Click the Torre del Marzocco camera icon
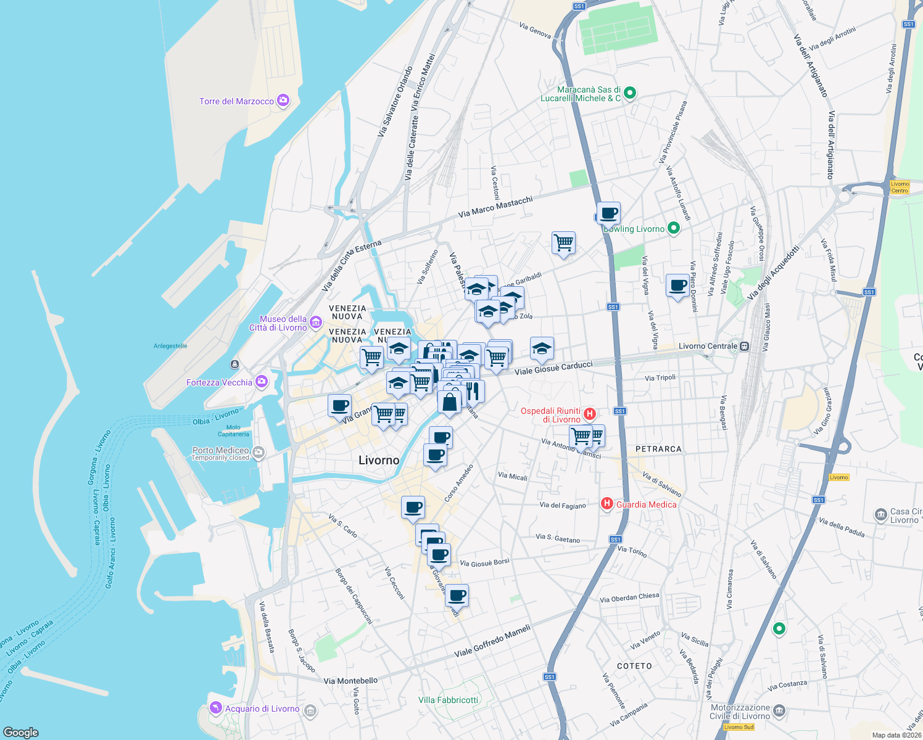pos(283,101)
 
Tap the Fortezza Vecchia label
pos(219,382)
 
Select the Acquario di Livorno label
pos(262,709)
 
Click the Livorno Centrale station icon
pos(745,346)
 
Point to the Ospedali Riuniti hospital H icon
pos(590,414)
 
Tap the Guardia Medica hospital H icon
pos(607,504)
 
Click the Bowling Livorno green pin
pos(674,228)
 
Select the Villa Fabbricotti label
pos(448,700)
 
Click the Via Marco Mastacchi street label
pos(495,207)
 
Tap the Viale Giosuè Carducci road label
pos(553,368)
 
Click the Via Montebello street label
pos(350,681)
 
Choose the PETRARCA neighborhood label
pos(658,449)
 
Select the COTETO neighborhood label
pos(634,666)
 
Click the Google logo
pos(21,732)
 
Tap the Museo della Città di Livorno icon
pos(316,322)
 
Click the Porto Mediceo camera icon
pos(259,452)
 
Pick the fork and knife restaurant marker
pos(473,391)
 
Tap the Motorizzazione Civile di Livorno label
pos(740,712)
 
